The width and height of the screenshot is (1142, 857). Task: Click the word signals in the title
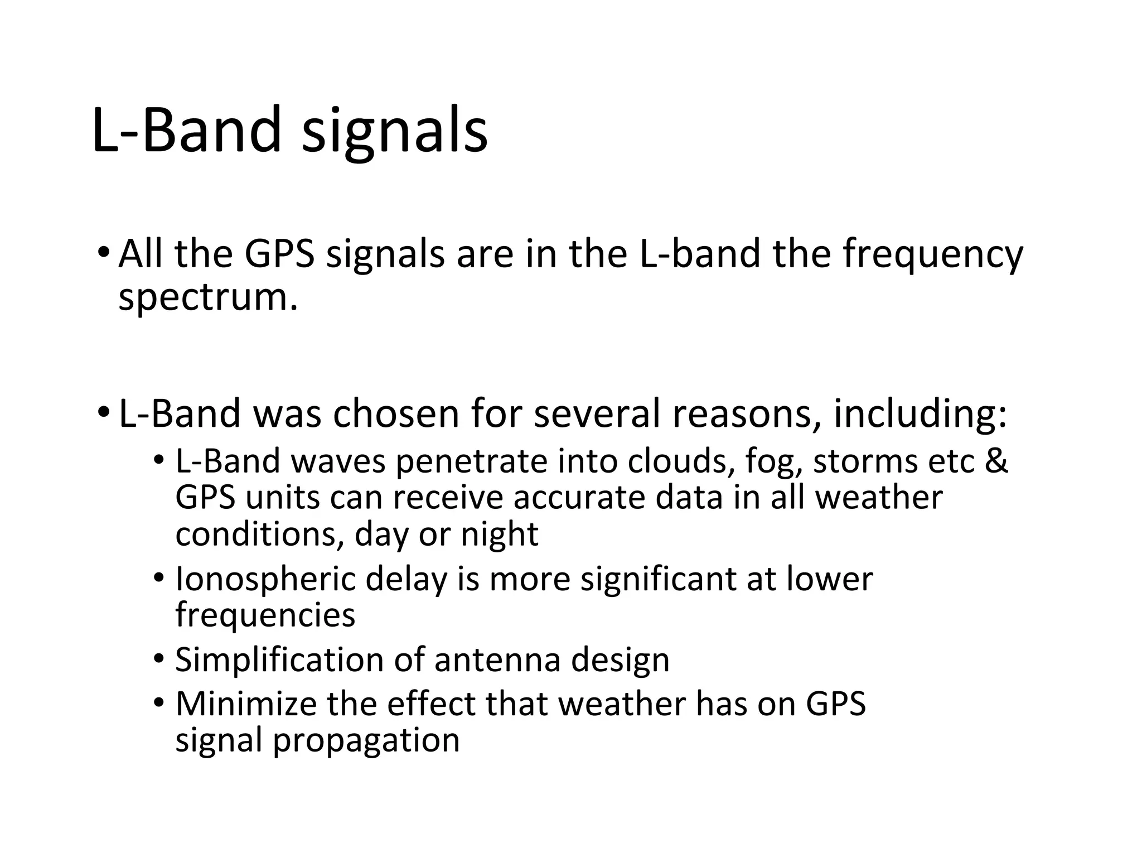point(394,132)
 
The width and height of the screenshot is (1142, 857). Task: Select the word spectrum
point(208,298)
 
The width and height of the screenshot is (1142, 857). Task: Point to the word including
point(920,415)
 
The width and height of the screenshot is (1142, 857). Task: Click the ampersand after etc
point(997,461)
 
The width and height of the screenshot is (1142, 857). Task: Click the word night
point(499,535)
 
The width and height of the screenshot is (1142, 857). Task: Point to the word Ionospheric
point(265,579)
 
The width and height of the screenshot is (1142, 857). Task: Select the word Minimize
point(246,704)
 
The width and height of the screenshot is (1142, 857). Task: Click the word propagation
point(366,741)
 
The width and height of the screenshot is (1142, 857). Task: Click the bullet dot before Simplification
point(159,658)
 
